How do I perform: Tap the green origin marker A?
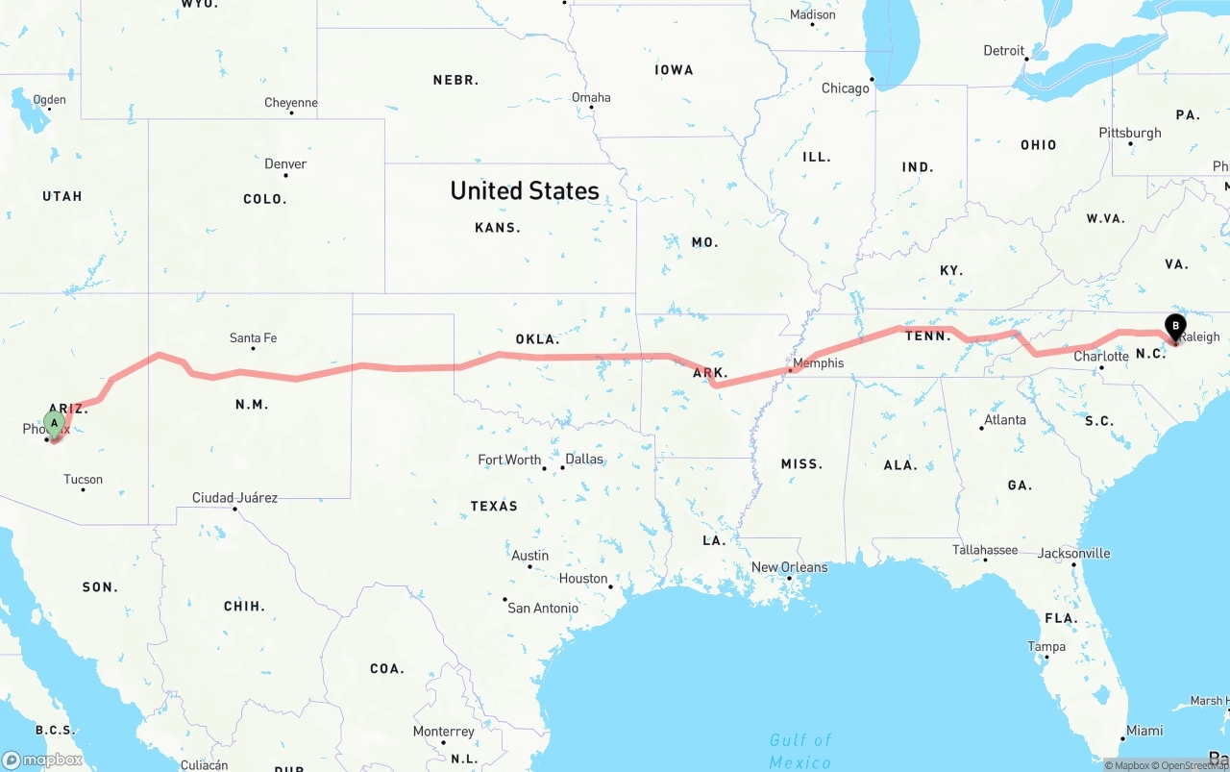tap(55, 423)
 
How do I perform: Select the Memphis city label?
tap(819, 363)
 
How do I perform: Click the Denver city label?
tap(285, 164)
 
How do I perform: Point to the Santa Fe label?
tap(253, 338)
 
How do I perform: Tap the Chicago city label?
tap(845, 88)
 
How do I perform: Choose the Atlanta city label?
tap(1004, 420)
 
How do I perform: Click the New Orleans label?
tap(789, 567)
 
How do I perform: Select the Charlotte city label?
tap(1101, 357)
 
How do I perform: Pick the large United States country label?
tap(525, 190)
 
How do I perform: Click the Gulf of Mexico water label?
tap(800, 751)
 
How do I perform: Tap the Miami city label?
tap(1144, 731)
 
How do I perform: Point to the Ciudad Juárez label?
tap(234, 498)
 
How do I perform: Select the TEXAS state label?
tap(494, 507)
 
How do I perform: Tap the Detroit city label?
tap(1003, 51)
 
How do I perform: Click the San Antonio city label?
tap(543, 608)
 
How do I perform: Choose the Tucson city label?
tap(83, 480)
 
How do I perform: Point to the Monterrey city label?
tap(444, 732)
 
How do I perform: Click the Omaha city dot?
tap(591, 107)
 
